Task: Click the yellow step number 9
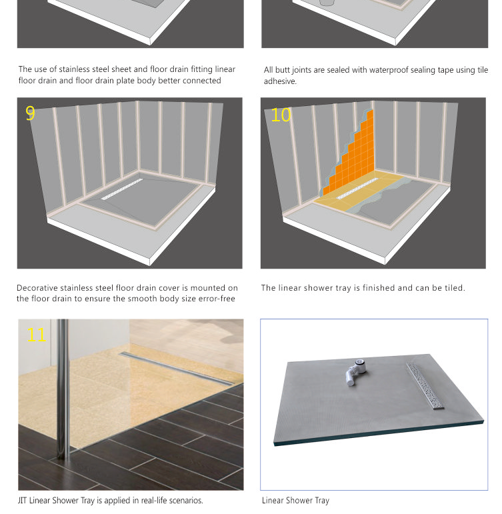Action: coord(30,113)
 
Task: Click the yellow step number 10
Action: coord(281,115)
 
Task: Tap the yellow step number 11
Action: coord(36,333)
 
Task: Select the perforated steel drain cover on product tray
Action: coord(425,385)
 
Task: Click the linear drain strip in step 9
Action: coord(122,189)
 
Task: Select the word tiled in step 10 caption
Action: coord(451,288)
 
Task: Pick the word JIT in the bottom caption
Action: coord(23,500)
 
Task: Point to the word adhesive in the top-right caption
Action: coord(279,81)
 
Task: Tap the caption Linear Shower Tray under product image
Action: coord(295,500)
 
